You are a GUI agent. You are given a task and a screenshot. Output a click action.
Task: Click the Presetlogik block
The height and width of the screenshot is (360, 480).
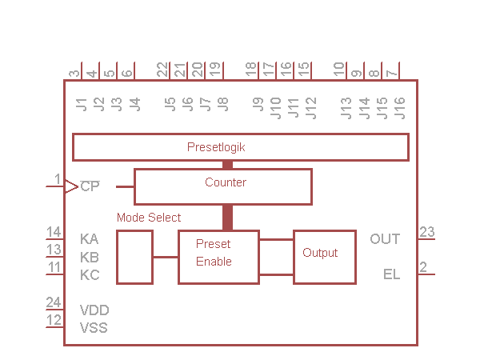[240, 147]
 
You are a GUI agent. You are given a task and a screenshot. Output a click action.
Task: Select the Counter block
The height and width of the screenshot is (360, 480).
[222, 186]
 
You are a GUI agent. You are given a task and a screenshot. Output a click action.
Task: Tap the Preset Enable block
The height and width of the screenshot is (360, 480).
[218, 257]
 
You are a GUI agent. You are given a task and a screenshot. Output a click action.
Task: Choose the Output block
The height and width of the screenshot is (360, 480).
[324, 256]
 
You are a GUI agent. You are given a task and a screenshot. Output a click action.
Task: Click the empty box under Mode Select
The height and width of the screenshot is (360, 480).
[134, 257]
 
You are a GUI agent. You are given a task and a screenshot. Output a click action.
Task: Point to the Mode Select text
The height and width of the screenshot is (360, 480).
[149, 218]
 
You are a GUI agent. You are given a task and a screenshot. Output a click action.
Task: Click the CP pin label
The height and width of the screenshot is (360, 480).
[90, 186]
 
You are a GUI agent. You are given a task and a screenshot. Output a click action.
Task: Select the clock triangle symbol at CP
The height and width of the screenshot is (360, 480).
[70, 186]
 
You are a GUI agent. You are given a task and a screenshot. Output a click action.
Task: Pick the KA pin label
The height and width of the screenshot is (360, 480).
[90, 238]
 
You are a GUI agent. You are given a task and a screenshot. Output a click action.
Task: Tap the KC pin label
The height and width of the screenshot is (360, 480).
[90, 274]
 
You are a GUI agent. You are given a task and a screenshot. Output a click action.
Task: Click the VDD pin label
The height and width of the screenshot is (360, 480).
[94, 310]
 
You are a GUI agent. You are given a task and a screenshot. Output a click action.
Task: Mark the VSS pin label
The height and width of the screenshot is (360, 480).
[94, 327]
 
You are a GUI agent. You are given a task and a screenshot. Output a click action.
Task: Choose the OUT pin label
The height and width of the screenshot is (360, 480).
[385, 238]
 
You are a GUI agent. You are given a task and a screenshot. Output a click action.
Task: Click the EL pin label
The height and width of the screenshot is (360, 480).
[391, 274]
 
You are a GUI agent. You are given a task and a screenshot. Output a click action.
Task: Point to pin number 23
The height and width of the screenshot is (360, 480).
[427, 232]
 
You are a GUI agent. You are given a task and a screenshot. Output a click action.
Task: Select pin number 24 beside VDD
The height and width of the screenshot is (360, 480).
[53, 302]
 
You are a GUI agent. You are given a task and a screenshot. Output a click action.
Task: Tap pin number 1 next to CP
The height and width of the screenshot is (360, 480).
[57, 178]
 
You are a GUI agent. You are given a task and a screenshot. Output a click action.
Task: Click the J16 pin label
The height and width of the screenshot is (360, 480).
[399, 106]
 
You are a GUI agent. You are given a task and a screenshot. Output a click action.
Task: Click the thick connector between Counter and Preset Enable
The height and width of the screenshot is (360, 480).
[227, 218]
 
